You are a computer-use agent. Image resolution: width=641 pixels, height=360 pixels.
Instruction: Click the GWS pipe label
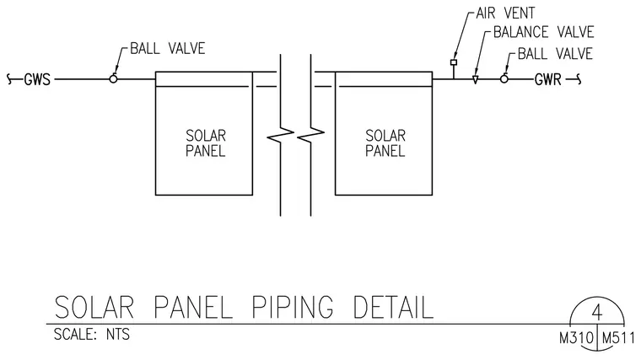(37, 79)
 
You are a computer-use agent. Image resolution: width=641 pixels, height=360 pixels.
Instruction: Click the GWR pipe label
(548, 79)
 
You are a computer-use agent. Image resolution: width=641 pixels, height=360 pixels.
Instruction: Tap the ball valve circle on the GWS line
(113, 79)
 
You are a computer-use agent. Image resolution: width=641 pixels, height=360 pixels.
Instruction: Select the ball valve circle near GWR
(504, 79)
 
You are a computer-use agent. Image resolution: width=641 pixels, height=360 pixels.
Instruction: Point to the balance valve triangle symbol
(475, 80)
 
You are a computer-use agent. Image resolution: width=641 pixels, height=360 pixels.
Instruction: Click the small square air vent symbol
(454, 62)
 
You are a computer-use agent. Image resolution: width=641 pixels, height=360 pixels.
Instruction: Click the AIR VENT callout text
(505, 13)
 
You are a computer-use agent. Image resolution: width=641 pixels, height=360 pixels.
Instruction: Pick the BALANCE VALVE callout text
(544, 32)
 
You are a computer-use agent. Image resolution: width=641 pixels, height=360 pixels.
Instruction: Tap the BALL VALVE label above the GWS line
(168, 49)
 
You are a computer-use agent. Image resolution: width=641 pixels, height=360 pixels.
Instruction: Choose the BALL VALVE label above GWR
(555, 53)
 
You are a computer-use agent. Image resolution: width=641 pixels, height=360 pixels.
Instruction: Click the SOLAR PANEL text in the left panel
(206, 143)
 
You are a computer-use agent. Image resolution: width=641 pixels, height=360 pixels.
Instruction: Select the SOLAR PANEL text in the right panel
(385, 143)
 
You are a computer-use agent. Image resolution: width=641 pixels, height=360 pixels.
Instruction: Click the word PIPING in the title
(293, 307)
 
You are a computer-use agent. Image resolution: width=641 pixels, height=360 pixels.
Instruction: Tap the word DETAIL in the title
(393, 307)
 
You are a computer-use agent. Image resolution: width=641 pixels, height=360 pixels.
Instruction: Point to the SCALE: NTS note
(92, 334)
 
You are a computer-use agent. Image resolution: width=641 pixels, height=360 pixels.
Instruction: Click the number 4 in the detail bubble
(597, 313)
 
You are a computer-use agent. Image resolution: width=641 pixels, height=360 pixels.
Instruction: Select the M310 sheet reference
(576, 338)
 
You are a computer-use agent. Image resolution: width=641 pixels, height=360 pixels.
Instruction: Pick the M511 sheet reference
(618, 338)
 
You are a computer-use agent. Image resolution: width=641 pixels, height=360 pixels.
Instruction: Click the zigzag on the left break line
(280, 135)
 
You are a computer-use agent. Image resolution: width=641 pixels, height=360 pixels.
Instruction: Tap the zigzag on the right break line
(310, 135)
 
